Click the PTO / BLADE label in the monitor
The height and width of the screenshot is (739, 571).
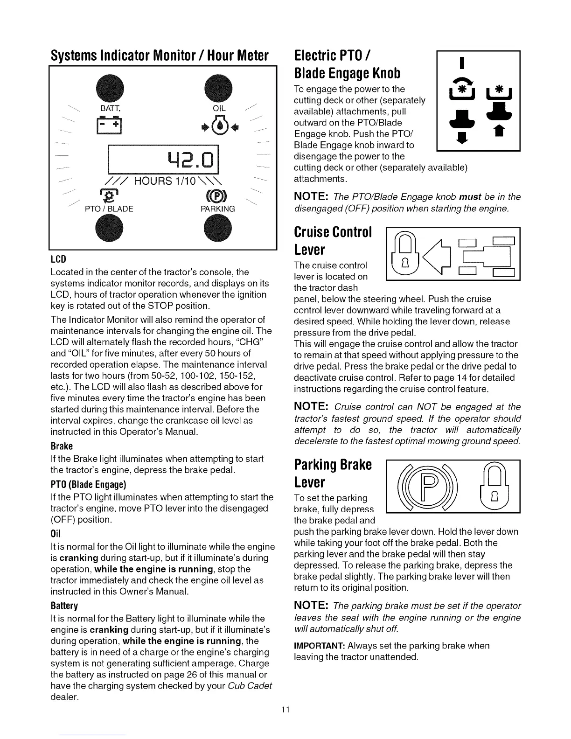click(109, 209)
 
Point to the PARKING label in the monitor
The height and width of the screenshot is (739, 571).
click(218, 209)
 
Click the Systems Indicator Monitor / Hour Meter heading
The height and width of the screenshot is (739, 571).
click(160, 56)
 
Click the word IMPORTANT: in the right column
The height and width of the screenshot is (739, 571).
click(319, 646)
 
